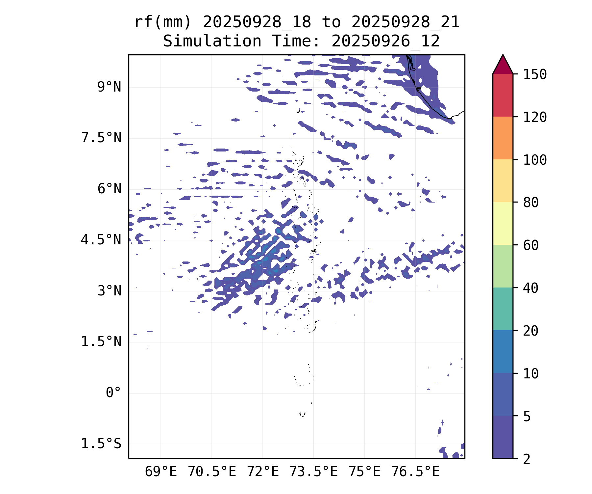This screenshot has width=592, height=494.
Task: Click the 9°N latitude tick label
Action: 109,87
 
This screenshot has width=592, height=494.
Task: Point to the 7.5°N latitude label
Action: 101,138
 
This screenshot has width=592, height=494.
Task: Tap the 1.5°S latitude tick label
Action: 101,444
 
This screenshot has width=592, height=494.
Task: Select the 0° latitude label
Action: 113,393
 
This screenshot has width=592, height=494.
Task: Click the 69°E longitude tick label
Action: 161,472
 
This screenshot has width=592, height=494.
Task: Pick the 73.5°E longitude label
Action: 313,472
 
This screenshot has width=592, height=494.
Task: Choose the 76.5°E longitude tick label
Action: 415,472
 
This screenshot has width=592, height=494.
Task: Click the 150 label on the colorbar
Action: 535,74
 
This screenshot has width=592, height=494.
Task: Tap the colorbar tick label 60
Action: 531,245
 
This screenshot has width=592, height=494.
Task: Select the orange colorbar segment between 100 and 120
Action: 503,138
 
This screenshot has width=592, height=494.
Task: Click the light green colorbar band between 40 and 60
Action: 503,266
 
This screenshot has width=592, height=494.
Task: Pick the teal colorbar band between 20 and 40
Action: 503,309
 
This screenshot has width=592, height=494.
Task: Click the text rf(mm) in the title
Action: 163,22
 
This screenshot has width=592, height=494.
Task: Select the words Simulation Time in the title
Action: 241,41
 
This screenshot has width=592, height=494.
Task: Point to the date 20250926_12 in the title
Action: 385,41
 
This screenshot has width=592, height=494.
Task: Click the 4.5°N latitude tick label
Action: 101,240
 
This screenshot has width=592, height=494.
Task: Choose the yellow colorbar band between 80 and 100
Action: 503,180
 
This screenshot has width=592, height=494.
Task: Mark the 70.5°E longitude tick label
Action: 212,472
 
